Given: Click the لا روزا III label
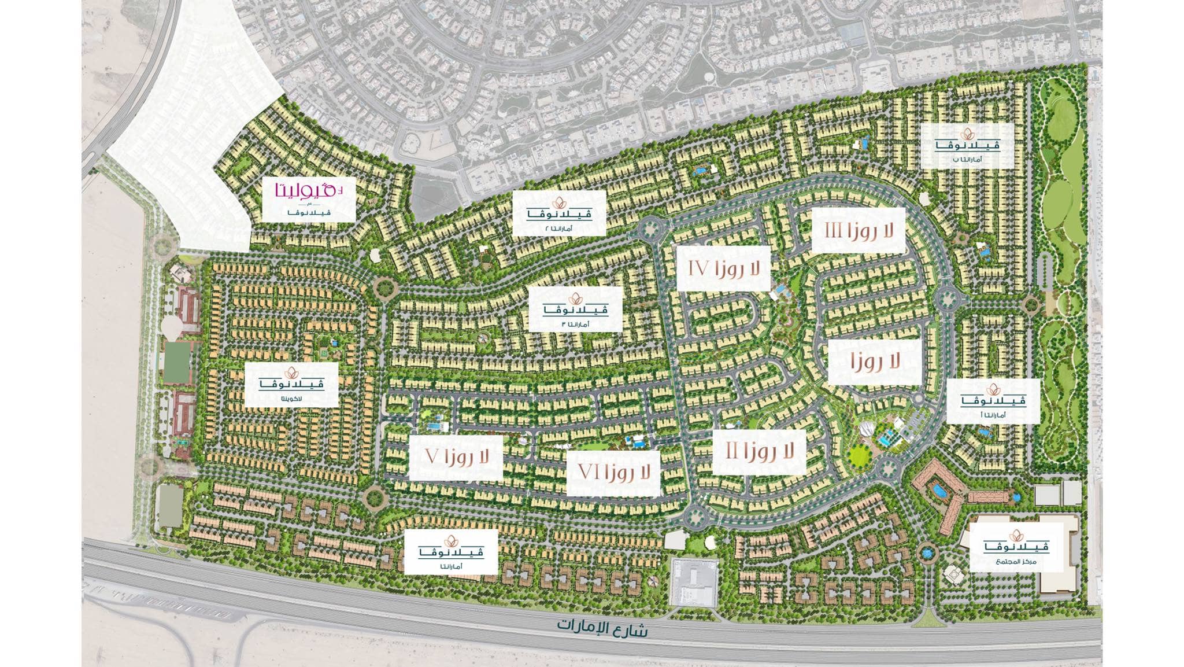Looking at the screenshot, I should [x=858, y=231].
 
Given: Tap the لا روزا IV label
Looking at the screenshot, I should [x=723, y=268].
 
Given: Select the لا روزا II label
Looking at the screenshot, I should [x=759, y=452].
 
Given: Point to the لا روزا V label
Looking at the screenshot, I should [x=456, y=458].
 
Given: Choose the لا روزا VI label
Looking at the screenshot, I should [x=613, y=473].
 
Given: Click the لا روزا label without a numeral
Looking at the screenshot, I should [x=875, y=362].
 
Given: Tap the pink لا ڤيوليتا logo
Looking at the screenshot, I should [x=308, y=191].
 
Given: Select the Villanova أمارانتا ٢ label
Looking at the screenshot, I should [x=559, y=213].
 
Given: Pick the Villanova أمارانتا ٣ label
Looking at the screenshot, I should [x=575, y=309].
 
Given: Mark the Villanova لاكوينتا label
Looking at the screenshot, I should [x=291, y=385].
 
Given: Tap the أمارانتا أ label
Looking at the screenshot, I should [x=993, y=400].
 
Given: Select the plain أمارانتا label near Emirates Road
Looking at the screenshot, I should [x=451, y=552].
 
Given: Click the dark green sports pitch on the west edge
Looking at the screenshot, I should [x=177, y=363].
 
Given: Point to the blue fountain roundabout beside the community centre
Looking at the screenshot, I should [x=927, y=553].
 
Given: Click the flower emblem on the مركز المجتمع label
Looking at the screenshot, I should [x=1016, y=536].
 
